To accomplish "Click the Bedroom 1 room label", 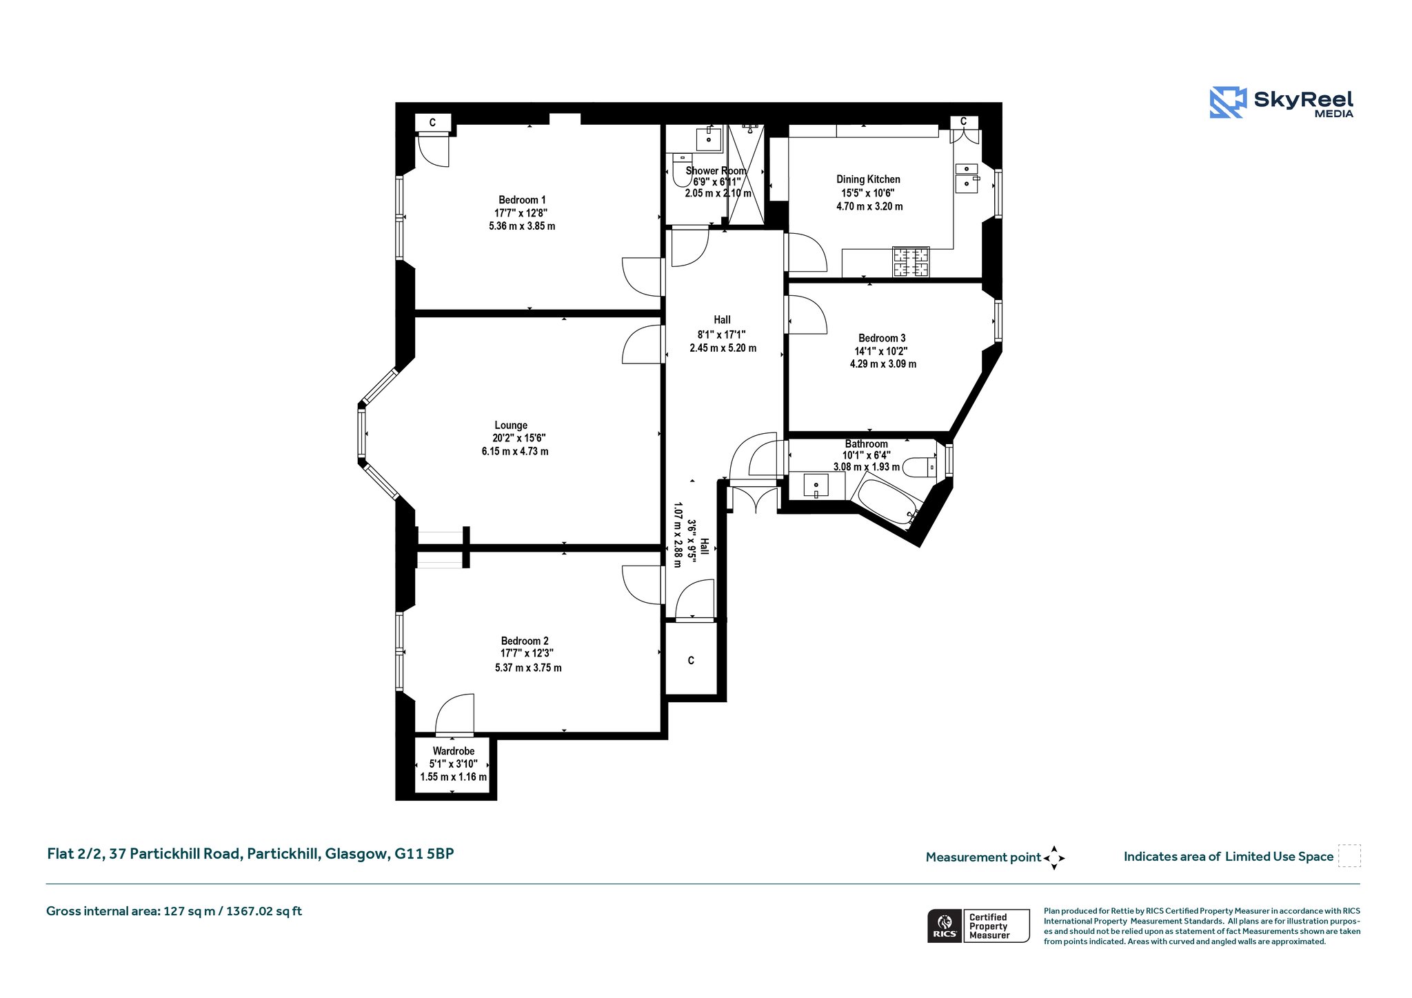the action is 522,200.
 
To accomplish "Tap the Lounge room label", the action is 511,426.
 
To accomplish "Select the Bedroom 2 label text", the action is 525,641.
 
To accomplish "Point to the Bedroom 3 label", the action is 882,338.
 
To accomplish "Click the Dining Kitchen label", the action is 868,179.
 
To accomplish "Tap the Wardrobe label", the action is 454,751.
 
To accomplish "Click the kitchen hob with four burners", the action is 911,262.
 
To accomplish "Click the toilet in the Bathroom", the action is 919,468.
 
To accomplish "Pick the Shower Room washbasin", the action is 709,139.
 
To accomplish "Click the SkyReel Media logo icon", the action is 1228,102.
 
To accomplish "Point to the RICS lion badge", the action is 945,926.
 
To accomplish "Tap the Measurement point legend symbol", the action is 1054,858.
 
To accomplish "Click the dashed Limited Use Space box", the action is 1349,856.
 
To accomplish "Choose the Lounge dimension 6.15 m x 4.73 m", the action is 515,452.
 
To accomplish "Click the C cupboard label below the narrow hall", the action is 691,661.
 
